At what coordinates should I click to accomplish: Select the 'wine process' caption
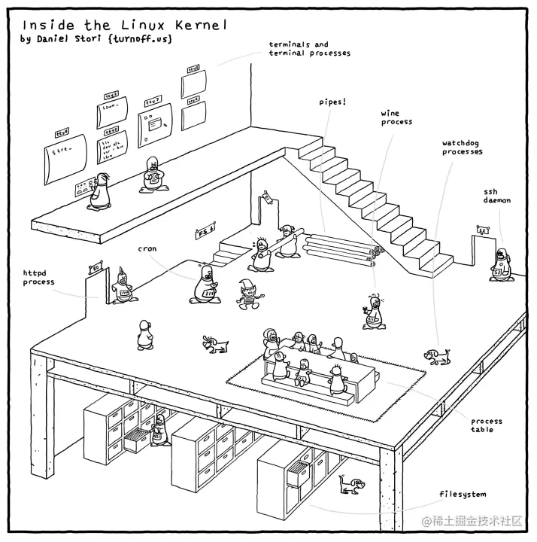tap(396, 117)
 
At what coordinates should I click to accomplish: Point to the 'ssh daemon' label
tap(496, 196)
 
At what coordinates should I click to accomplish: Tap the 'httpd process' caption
tap(38, 277)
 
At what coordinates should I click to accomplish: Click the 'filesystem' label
tap(463, 495)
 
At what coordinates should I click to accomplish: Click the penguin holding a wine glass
tap(373, 312)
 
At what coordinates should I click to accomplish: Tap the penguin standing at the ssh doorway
tap(498, 263)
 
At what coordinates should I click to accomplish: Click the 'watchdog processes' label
tap(462, 147)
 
